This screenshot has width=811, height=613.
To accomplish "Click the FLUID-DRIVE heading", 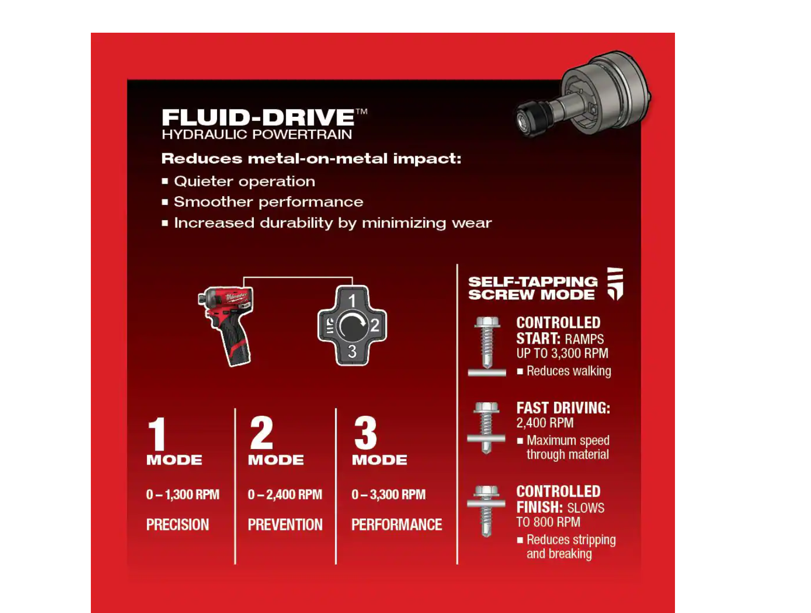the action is [258, 117].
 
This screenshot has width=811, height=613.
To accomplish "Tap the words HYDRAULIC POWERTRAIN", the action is [257, 134].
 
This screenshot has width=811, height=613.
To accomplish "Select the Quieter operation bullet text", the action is [245, 181].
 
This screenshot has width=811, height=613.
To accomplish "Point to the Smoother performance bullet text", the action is [268, 202].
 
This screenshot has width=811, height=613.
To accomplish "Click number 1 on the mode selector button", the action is [352, 301].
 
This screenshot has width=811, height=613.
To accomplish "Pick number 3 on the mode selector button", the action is [352, 351].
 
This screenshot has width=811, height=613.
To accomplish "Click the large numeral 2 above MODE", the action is [262, 432].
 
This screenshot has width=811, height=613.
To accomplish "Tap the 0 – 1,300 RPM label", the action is [183, 495].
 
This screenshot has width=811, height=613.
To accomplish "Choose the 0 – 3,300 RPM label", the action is [389, 495].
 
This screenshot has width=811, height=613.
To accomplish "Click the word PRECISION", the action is [178, 525].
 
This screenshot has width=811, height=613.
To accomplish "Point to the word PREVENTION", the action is [285, 525].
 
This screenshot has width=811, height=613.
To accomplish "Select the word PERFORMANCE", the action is [397, 525].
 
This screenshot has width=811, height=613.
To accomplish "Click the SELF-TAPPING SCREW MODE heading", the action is [533, 288].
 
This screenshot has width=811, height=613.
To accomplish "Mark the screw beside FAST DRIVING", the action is [486, 428].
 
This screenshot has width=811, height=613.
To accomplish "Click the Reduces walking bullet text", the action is [569, 371].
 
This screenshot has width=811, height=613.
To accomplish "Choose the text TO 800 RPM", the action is [548, 522].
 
